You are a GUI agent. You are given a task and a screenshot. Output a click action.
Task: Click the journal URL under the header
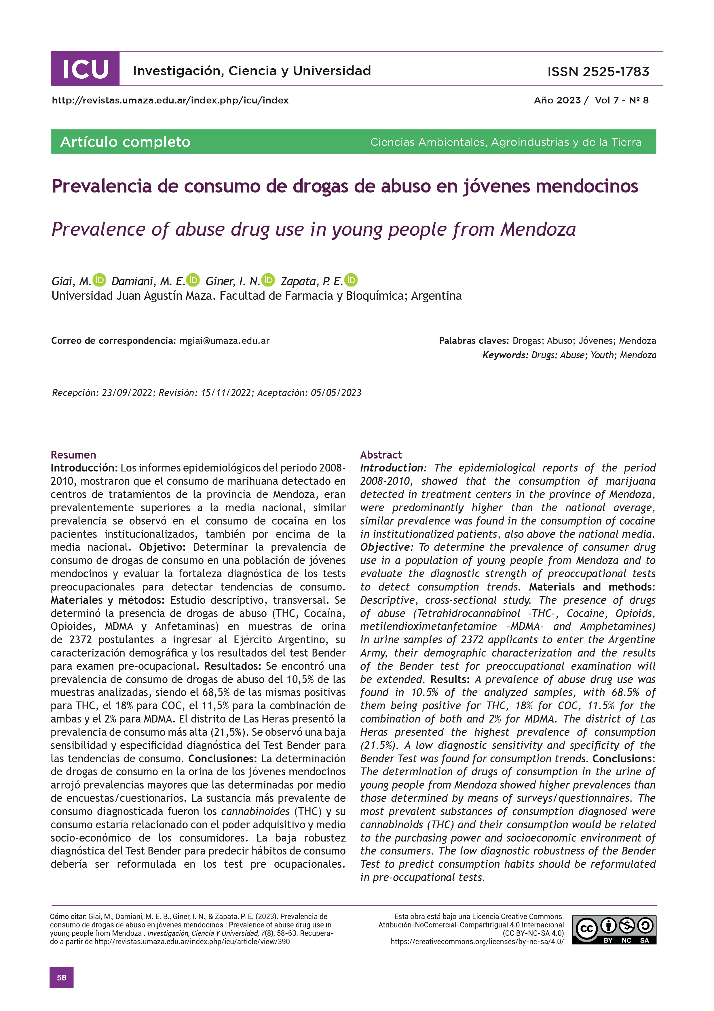point(170,100)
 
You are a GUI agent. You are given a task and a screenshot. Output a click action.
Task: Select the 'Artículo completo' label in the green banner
point(125,142)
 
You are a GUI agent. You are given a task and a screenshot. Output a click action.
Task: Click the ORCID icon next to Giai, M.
point(99,280)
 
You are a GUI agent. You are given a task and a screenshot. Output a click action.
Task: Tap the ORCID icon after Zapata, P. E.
point(351,280)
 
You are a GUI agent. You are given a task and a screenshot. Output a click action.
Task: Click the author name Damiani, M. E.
point(148,281)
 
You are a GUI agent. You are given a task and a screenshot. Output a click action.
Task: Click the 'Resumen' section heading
point(73,455)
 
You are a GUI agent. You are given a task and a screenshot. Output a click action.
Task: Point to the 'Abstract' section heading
point(381,455)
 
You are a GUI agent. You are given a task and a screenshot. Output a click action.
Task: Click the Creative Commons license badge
point(614,929)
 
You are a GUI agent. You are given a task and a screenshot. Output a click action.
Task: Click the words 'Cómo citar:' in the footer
point(68,917)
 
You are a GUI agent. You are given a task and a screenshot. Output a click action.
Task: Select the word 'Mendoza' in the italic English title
point(538,229)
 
